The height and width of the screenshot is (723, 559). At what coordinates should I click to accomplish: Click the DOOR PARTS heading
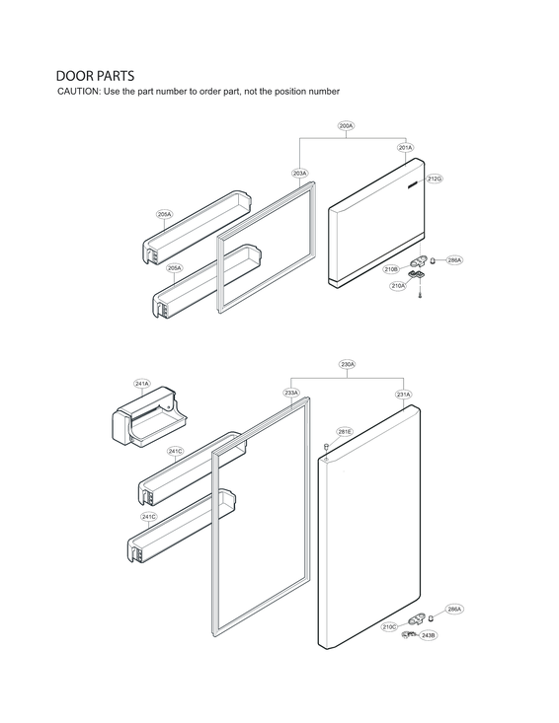95,76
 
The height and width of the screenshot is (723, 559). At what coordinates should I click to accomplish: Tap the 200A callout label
346,126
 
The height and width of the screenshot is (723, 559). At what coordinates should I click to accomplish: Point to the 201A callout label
405,148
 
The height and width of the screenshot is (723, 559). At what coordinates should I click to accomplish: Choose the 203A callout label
300,173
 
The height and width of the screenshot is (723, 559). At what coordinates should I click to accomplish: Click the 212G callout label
434,179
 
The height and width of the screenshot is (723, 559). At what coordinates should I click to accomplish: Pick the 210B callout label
391,268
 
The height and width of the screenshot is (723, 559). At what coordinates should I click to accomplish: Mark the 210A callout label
397,285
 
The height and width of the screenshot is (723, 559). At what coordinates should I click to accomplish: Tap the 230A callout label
348,365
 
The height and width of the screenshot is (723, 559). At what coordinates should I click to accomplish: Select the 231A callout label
403,395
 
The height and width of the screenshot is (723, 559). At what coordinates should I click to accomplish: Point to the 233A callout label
291,393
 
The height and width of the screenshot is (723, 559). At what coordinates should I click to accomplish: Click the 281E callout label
345,432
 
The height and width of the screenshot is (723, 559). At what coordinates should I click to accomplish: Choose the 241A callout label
142,384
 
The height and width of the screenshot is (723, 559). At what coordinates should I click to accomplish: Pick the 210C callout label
390,626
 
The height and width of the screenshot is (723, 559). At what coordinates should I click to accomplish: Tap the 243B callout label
428,636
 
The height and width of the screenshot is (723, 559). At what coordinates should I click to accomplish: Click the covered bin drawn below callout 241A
147,420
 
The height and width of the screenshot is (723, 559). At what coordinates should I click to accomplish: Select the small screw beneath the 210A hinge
420,298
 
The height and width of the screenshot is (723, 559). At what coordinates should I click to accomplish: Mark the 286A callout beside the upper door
454,260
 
